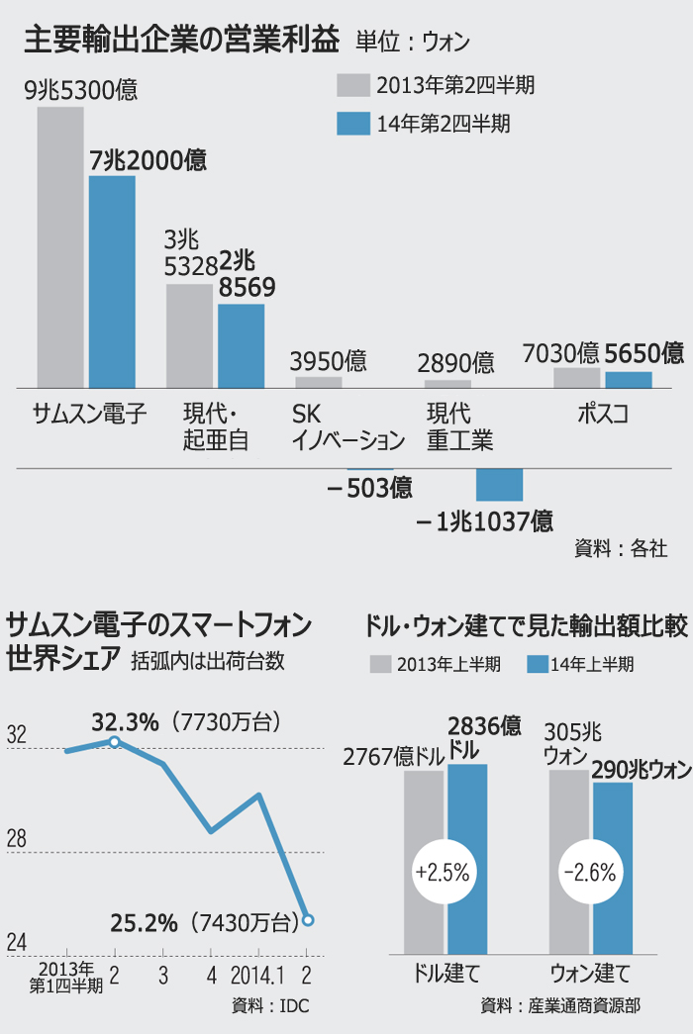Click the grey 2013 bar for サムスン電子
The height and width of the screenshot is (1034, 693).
click(60, 247)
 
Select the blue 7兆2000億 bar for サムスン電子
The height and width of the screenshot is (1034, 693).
click(112, 282)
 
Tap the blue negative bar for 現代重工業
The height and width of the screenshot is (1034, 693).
click(499, 485)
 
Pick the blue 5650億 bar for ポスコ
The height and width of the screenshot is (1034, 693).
click(629, 379)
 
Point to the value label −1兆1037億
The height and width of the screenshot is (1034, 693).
click(484, 520)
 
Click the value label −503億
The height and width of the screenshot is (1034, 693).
click(370, 488)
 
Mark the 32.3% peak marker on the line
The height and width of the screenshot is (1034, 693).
click(115, 740)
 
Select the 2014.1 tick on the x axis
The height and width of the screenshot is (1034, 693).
click(258, 976)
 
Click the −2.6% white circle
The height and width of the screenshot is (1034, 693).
click(590, 873)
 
